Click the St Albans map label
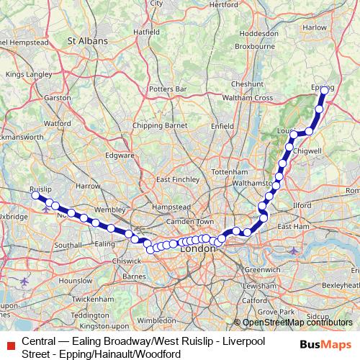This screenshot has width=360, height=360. click(87, 41)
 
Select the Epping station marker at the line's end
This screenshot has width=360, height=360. click(324, 91)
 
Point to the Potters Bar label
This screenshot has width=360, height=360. click(167, 89)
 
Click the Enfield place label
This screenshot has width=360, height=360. click(222, 125)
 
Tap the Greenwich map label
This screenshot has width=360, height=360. click(256, 269)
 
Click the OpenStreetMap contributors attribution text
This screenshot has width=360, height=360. click(297, 323)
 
